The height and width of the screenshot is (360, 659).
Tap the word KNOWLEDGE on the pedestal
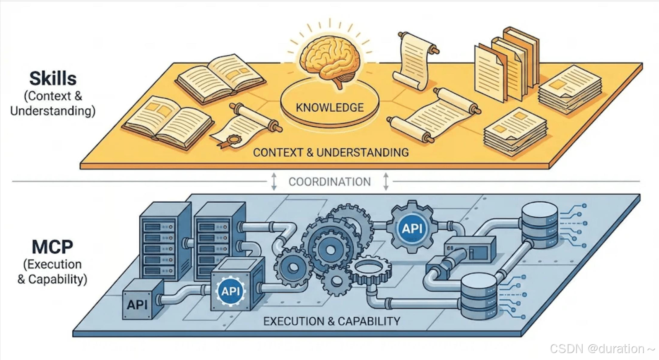[330, 108]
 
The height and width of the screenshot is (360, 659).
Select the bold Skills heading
[53, 78]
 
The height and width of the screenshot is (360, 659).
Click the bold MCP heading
[53, 247]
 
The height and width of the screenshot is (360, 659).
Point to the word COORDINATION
[329, 181]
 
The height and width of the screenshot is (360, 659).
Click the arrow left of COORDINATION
[274, 181]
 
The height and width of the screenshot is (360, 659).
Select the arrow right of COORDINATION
[386, 181]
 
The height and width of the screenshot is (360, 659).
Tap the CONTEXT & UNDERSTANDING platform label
[331, 152]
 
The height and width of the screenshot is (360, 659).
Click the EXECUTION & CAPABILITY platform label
[332, 321]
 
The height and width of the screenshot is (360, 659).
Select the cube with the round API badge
[236, 286]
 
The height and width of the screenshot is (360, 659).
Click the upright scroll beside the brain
[415, 60]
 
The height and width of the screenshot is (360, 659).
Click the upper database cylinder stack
[540, 225]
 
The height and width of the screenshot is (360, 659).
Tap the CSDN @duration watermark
[602, 349]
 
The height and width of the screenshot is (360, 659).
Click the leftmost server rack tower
[165, 242]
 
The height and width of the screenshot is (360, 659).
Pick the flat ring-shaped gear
[370, 269]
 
